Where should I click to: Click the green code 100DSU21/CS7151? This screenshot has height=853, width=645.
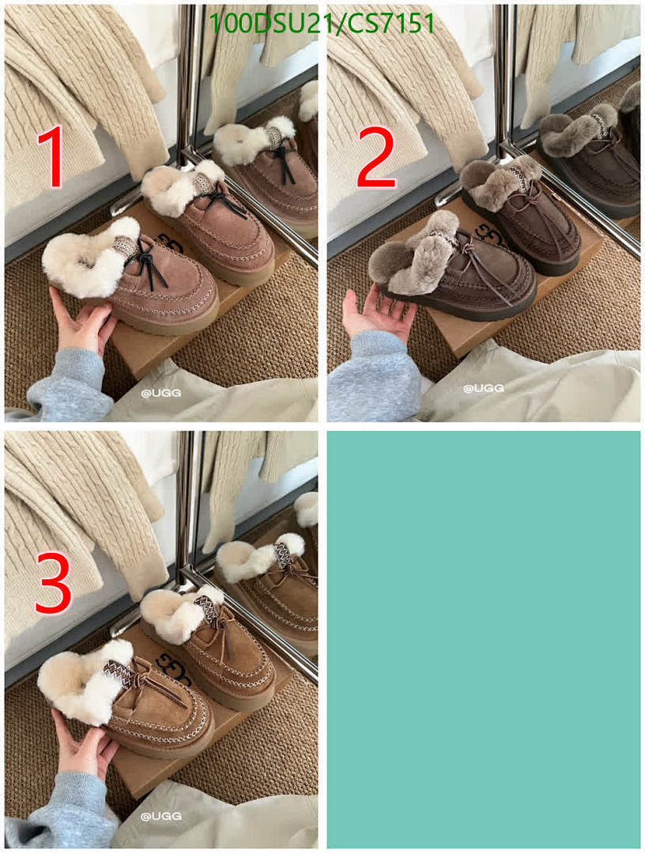(x=322, y=24)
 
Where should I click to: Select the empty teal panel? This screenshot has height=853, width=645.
(x=483, y=638)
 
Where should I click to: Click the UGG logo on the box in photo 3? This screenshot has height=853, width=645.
(x=175, y=667)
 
